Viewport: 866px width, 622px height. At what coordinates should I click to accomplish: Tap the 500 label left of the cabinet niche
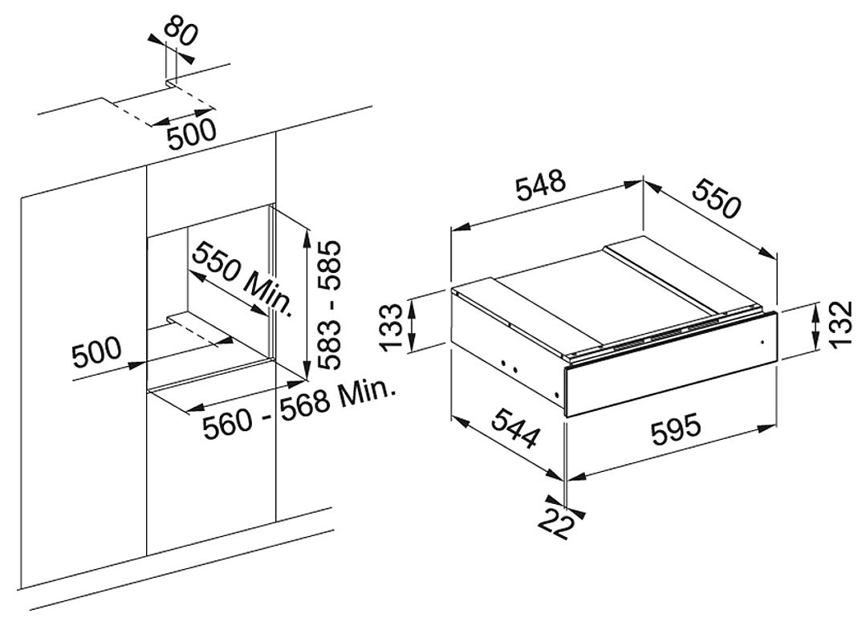[96, 352]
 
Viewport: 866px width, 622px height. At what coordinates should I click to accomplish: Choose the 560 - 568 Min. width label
[299, 409]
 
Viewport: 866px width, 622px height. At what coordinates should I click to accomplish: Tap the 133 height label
[393, 327]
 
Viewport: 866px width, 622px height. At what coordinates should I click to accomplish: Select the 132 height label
[845, 324]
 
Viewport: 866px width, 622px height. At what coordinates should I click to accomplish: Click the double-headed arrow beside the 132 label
[816, 327]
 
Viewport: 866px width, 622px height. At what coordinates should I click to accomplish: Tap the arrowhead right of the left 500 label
[137, 364]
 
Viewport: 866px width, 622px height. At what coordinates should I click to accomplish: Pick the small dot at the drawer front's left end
[555, 394]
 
